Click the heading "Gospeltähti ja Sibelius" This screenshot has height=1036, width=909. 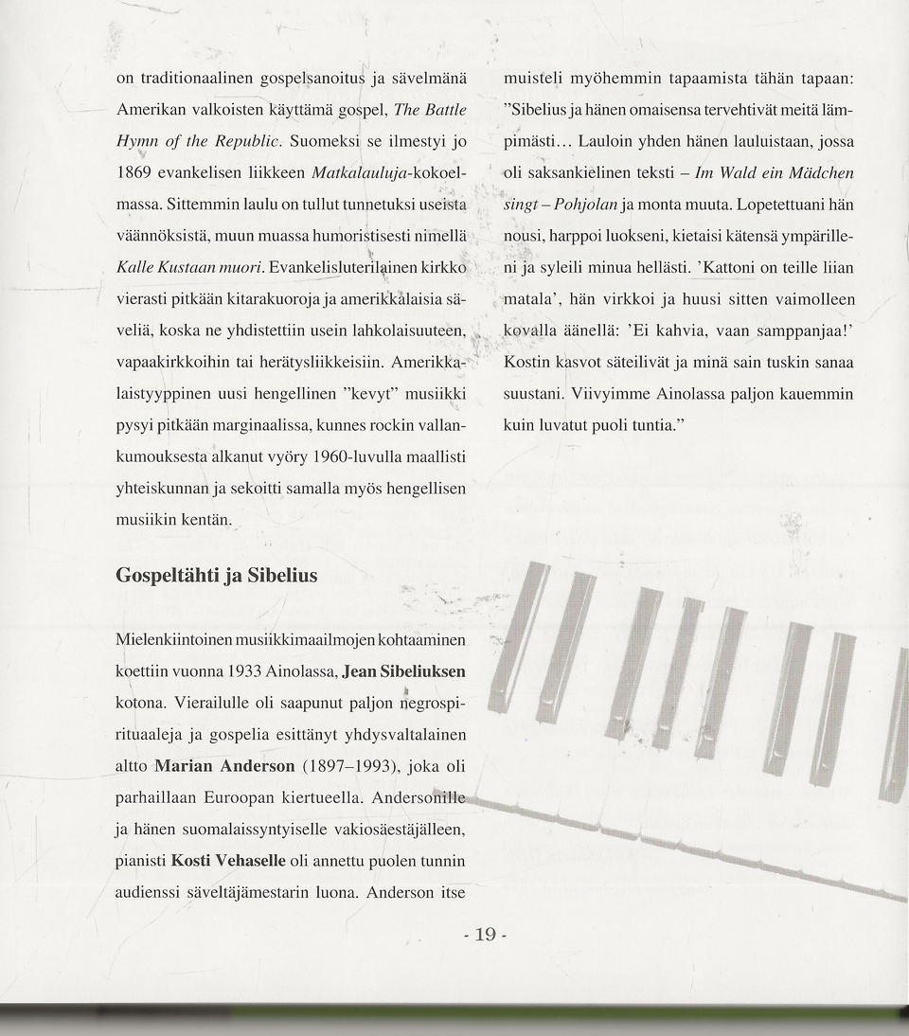pos(216,576)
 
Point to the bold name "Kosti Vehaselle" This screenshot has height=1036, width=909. pos(228,861)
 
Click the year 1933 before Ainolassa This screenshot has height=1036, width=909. pos(250,671)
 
